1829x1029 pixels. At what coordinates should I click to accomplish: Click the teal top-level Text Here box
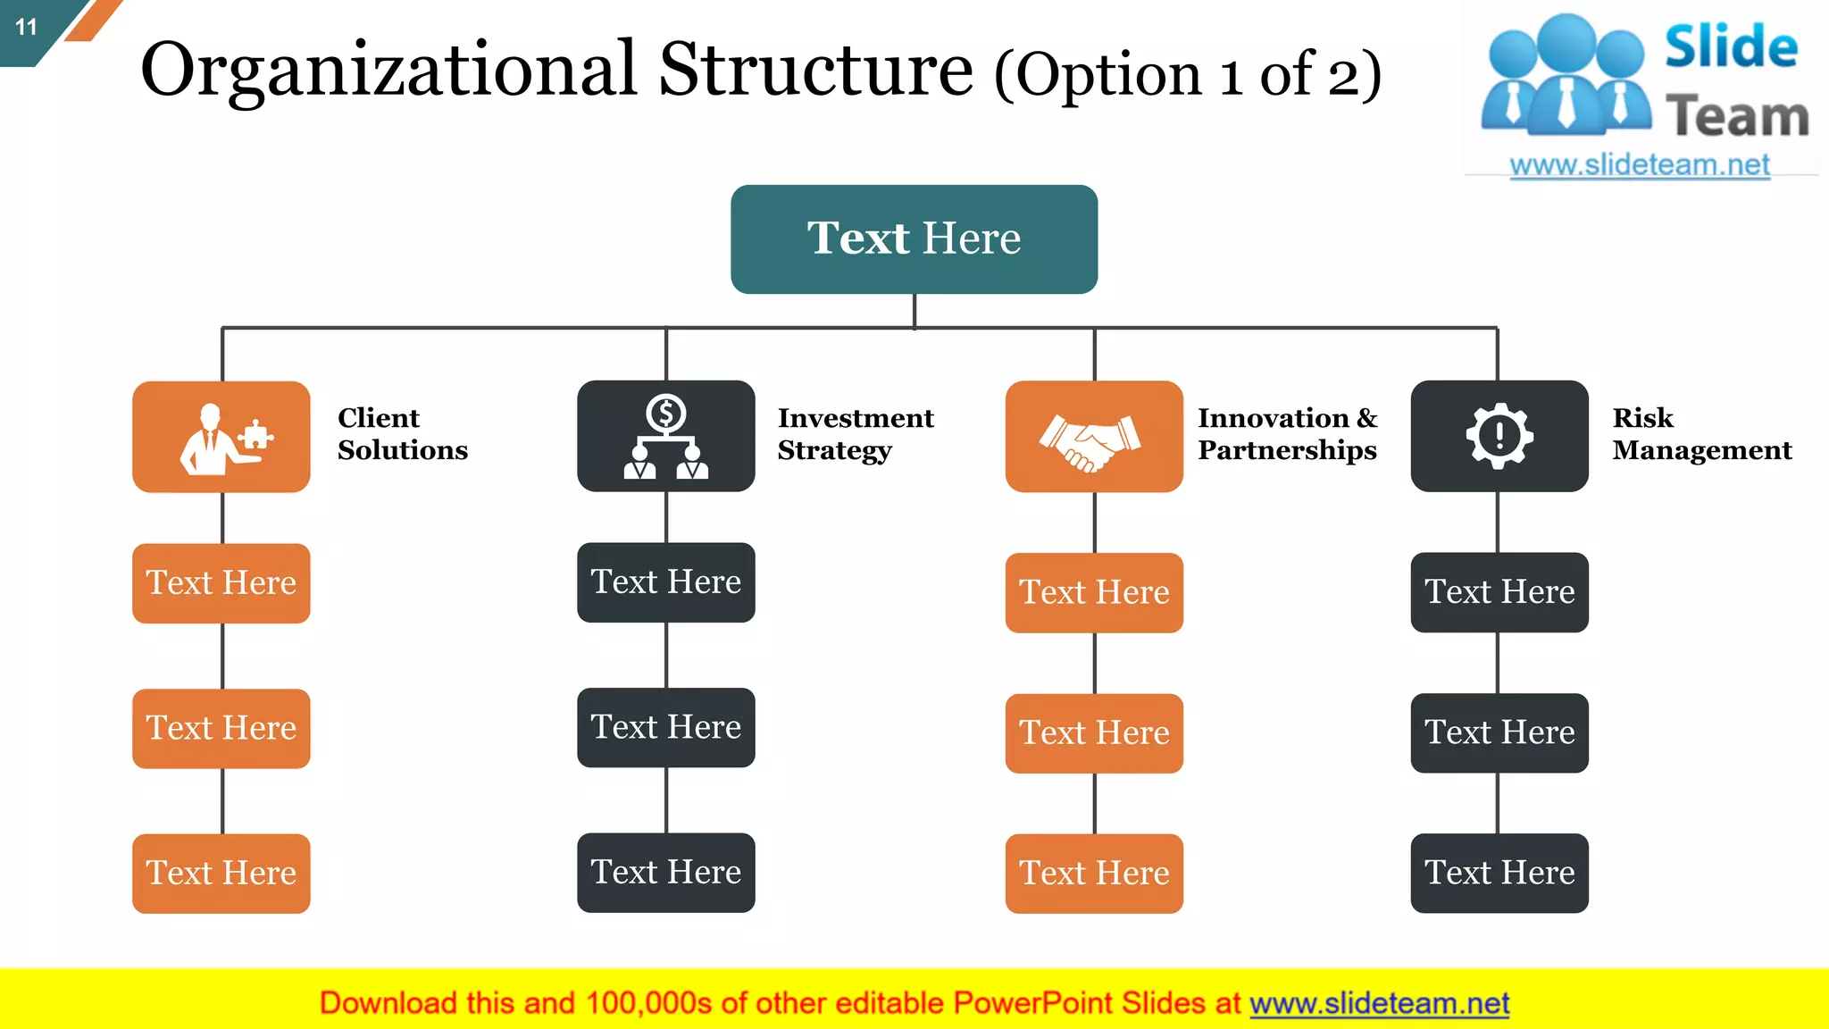click(914, 238)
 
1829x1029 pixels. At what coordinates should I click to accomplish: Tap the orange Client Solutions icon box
click(221, 437)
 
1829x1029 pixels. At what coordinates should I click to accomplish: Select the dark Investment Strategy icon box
click(665, 437)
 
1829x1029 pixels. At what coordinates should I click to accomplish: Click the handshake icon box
click(1093, 437)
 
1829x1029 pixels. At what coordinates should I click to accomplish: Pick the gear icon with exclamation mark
click(1499, 436)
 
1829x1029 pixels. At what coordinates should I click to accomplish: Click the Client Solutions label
click(402, 434)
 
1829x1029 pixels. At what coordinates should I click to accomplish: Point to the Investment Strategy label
click(855, 434)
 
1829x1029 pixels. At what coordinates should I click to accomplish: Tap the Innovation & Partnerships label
click(1287, 434)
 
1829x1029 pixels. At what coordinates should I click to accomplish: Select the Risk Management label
click(1701, 434)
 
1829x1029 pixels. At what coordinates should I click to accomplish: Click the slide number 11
click(26, 27)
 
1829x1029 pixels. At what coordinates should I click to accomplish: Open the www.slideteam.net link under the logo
click(1639, 165)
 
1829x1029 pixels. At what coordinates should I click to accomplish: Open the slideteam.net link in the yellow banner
click(1379, 1003)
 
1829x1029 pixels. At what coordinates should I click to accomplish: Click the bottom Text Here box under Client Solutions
click(221, 873)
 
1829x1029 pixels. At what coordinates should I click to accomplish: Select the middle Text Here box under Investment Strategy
click(665, 727)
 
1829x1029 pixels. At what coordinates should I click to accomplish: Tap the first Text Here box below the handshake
click(1093, 592)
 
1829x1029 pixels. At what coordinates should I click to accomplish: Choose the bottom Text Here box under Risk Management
click(1499, 873)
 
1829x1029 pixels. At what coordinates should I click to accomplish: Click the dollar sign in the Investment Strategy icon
click(665, 414)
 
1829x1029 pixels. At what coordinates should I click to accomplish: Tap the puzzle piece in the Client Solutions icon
click(256, 435)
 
